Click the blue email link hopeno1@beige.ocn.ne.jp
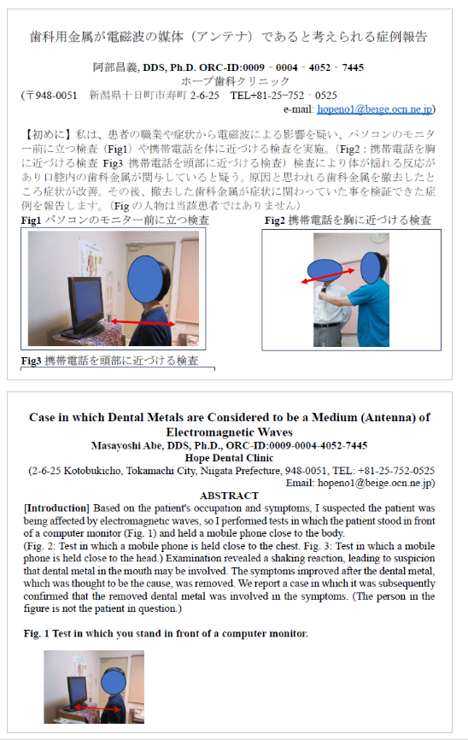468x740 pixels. [375, 109]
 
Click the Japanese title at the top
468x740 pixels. [228, 37]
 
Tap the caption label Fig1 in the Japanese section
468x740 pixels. [31, 220]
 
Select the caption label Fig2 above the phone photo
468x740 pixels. [275, 220]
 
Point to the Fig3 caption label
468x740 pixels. [31, 361]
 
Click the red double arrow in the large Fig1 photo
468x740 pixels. [143, 323]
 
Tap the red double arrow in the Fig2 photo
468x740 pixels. [328, 276]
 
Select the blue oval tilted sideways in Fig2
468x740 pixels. [325, 270]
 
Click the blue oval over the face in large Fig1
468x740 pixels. [145, 279]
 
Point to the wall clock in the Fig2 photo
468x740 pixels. [379, 238]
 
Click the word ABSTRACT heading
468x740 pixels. [229, 496]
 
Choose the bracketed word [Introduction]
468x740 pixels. [56, 508]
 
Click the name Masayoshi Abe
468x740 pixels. [126, 445]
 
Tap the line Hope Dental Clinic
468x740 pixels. [229, 458]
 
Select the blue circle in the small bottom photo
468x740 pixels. [114, 683]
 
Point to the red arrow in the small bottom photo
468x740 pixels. [97, 708]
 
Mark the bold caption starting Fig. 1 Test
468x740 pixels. [166, 633]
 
